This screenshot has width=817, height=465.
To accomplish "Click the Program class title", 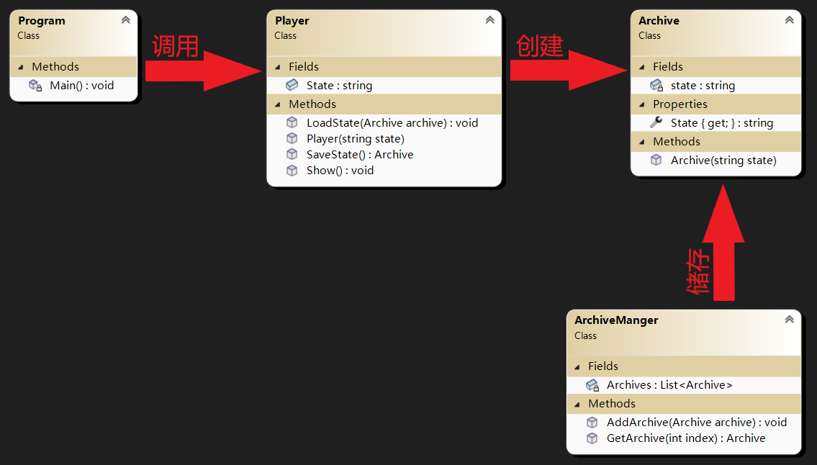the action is point(42,21).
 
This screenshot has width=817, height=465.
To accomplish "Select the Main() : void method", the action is point(82,86).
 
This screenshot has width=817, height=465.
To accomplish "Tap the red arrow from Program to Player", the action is point(203,71).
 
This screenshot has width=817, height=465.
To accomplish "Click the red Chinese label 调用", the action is point(176,46).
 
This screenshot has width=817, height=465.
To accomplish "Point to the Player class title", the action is point(292,21).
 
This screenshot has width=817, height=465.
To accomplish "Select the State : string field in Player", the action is point(339,86).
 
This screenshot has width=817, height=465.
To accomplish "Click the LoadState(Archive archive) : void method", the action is point(392,123).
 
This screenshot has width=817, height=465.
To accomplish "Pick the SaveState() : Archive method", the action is point(360,155).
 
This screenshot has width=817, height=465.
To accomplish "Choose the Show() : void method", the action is point(340,171).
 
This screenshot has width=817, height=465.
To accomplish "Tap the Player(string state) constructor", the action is point(356,139).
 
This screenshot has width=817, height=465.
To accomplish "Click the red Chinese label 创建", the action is point(540,46).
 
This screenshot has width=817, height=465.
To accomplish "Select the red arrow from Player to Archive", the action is point(569,71).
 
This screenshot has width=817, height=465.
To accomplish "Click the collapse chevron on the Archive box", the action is point(790,20).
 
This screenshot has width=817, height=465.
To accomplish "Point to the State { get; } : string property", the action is point(722,123).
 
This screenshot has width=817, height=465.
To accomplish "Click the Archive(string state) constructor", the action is point(723,161).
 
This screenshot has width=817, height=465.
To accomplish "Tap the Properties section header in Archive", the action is point(680,104).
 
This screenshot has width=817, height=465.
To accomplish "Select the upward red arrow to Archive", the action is point(723,243).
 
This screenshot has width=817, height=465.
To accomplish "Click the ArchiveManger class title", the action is point(616,320).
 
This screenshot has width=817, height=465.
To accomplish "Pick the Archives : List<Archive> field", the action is point(669,385).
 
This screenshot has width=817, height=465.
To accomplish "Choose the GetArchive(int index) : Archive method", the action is point(686,438).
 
